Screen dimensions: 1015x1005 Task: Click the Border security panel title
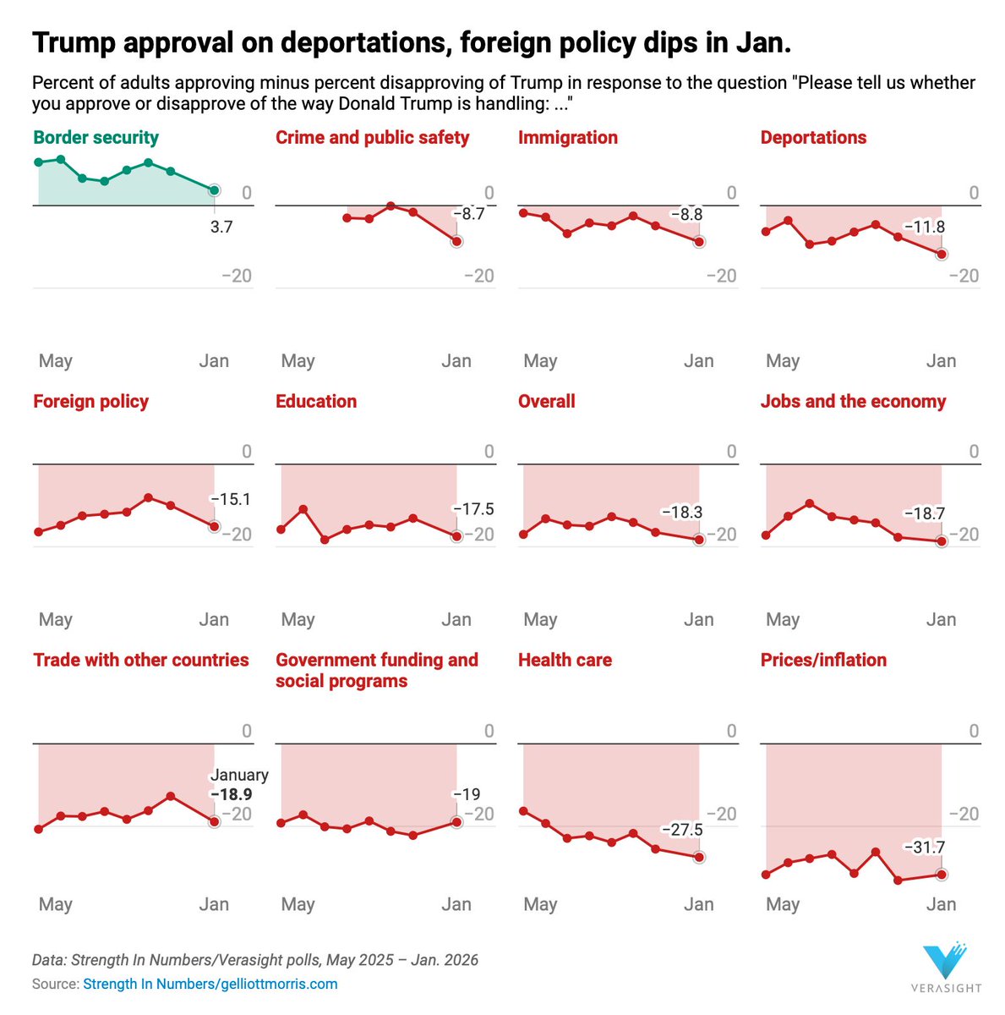[96, 138]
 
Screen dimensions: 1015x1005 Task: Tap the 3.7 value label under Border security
[221, 228]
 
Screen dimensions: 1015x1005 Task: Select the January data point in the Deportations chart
[942, 254]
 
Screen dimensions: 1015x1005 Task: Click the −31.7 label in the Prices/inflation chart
[924, 848]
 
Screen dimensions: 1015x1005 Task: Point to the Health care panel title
[565, 661]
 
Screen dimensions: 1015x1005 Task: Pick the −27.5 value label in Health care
[681, 830]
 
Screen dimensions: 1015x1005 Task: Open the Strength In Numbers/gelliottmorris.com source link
[210, 984]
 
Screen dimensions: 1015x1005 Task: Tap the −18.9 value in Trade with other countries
[232, 795]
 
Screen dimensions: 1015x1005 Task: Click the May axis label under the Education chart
[298, 620]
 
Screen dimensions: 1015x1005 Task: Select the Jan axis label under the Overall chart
[698, 620]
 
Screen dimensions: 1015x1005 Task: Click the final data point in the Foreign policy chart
[215, 526]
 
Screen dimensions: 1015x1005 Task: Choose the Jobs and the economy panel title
[853, 402]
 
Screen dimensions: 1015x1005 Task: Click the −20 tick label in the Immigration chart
[721, 276]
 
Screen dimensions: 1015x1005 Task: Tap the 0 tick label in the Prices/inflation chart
[974, 731]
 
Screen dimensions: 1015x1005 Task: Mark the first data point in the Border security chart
[38, 162]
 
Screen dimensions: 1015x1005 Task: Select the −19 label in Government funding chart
[466, 794]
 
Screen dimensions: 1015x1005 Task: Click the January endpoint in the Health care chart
[699, 857]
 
